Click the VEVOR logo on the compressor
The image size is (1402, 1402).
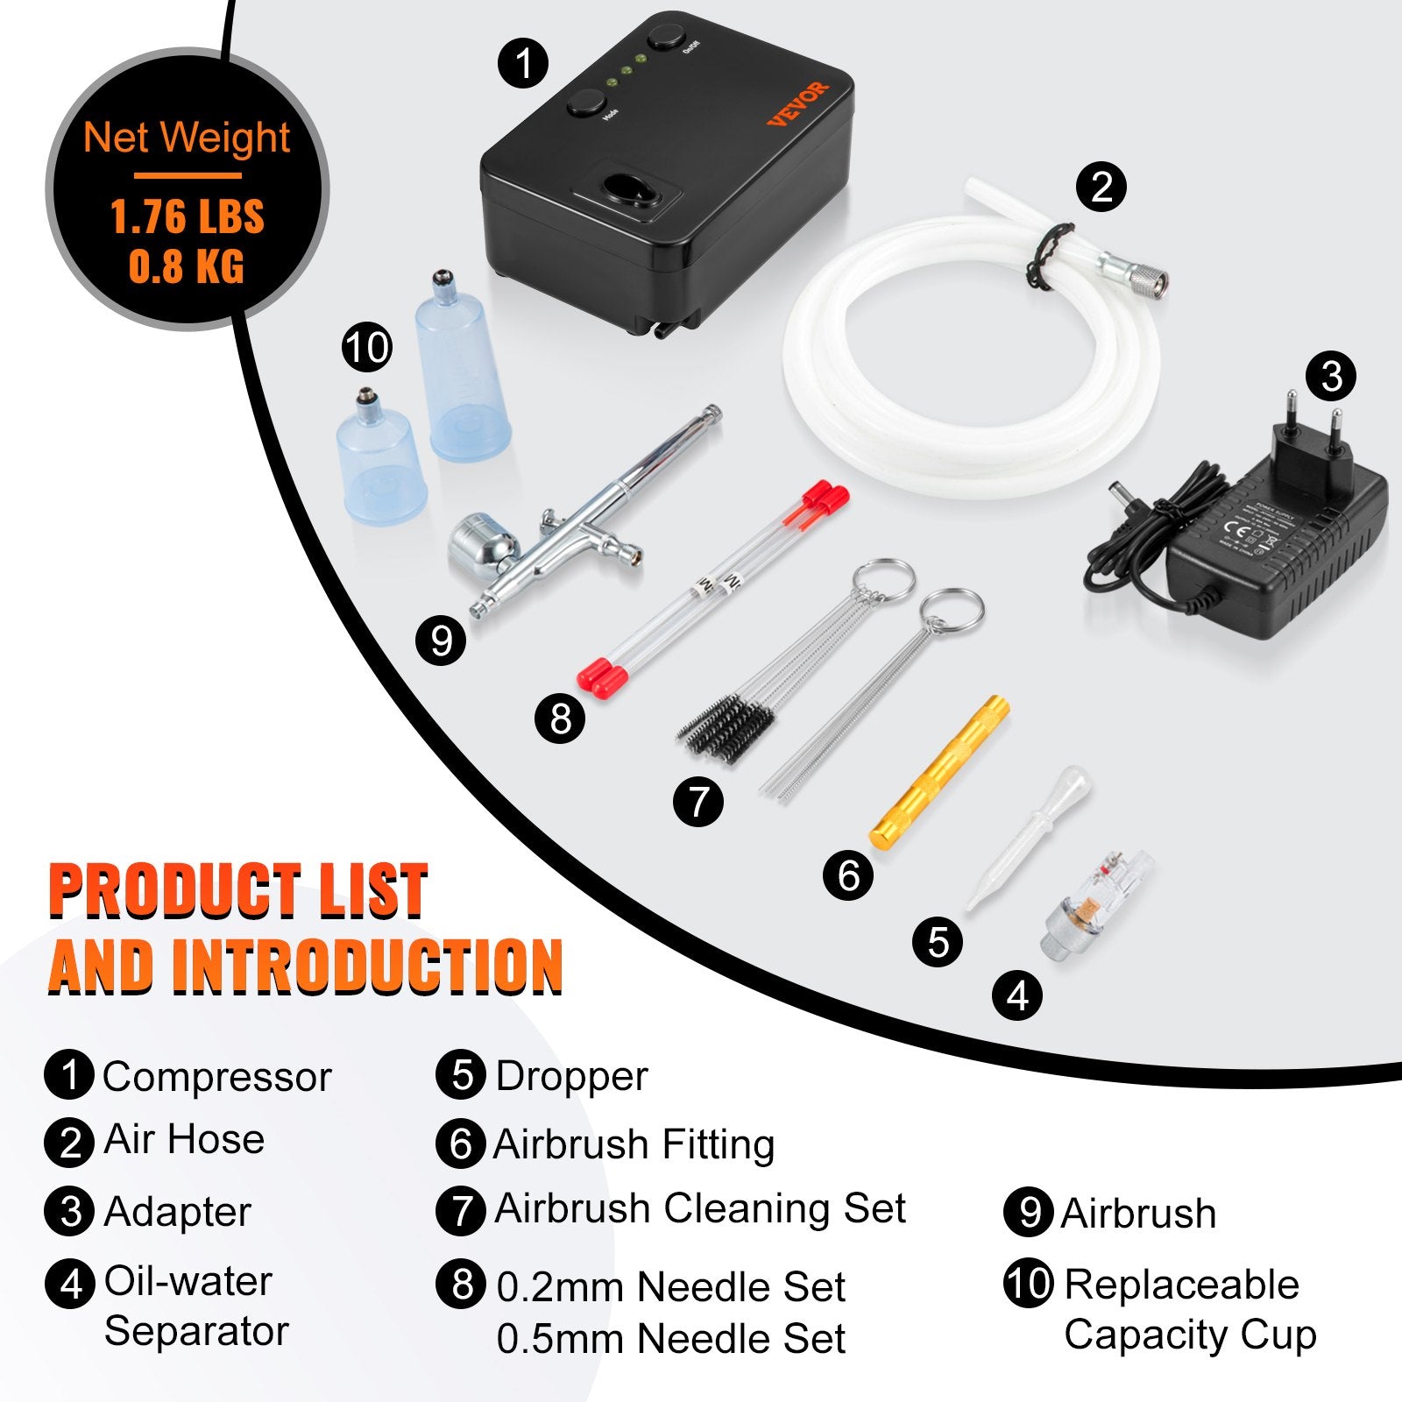(x=797, y=103)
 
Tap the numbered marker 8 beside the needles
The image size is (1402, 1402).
(x=560, y=719)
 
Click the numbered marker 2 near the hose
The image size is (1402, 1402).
(x=1101, y=187)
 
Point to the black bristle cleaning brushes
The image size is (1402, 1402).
(x=727, y=726)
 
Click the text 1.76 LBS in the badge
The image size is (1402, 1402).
(x=187, y=216)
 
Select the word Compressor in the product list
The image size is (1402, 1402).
(x=216, y=1077)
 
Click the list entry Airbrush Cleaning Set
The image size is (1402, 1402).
(x=699, y=1209)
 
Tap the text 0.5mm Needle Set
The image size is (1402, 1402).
(x=670, y=1339)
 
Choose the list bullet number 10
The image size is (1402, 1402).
(x=1028, y=1284)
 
